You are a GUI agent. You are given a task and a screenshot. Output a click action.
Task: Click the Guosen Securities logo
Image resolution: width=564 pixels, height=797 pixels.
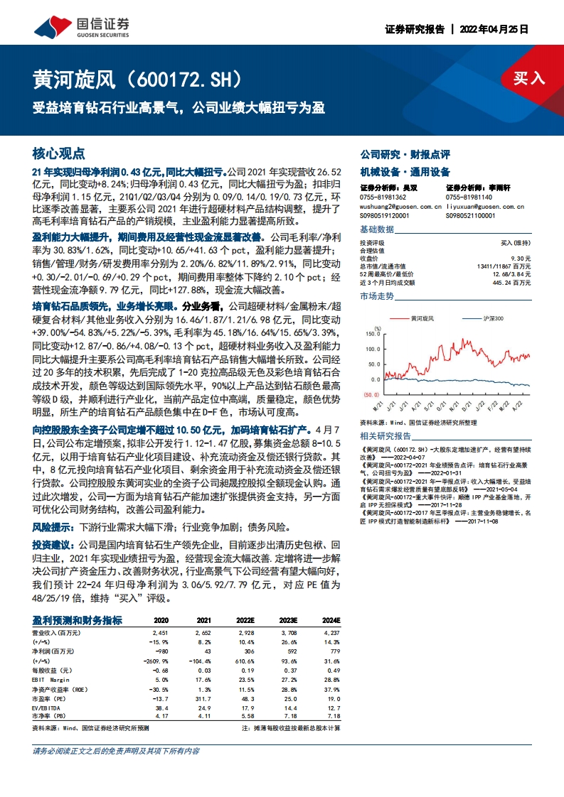tap(83, 27)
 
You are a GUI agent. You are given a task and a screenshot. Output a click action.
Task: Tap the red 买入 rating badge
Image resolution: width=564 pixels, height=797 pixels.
tap(528, 78)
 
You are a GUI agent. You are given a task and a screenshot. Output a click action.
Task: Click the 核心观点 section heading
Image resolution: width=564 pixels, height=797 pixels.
tap(59, 153)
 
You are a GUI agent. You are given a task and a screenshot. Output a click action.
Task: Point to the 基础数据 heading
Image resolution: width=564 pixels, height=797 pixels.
tap(377, 229)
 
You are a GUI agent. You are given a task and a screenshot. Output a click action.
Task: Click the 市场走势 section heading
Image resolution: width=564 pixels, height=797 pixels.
tap(377, 296)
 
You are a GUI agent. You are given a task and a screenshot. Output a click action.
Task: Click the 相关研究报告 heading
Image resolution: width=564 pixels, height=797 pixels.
tap(385, 435)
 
